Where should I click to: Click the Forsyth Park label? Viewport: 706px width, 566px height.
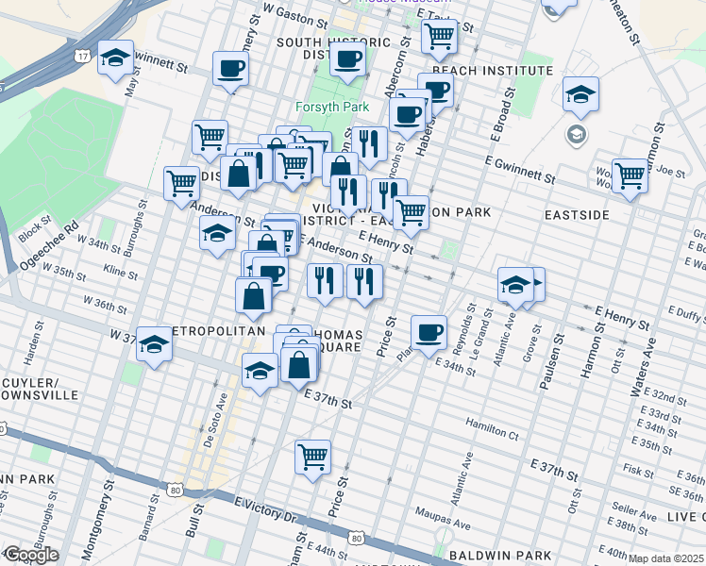pyautogui.click(x=331, y=107)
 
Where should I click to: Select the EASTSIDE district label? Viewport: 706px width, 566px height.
pyautogui.click(x=577, y=215)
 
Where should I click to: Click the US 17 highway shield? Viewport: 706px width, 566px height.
pyautogui.click(x=84, y=58)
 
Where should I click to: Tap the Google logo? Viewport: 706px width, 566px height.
pyautogui.click(x=30, y=555)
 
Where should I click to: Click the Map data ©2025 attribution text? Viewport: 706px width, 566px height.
pyautogui.click(x=665, y=558)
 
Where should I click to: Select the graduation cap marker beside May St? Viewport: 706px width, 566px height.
pyautogui.click(x=116, y=59)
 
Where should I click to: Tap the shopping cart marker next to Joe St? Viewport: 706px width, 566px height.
pyautogui.click(x=630, y=175)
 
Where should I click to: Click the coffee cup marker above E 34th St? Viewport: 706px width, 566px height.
pyautogui.click(x=429, y=332)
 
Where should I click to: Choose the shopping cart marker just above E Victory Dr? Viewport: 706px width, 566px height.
pyautogui.click(x=312, y=457)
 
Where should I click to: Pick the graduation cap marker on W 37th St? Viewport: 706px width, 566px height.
pyautogui.click(x=154, y=344)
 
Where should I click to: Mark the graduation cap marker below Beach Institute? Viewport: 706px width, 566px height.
pyautogui.click(x=580, y=93)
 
